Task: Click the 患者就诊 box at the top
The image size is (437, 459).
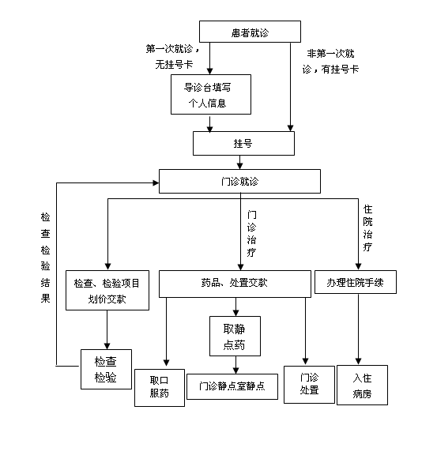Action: coord(250,32)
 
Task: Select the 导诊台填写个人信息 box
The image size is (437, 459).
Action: coord(211,94)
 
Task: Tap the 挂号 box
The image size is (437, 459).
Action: coord(243,143)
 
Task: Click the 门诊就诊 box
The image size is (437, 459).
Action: coord(239,181)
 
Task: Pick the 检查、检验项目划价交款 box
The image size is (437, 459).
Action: coord(107,290)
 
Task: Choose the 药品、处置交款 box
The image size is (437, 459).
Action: coord(235,284)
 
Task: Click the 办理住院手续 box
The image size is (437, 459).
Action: coord(356,282)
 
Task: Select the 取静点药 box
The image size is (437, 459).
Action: coord(235,336)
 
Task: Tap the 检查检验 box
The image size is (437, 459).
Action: coord(106,369)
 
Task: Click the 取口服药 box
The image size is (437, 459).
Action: coord(160,388)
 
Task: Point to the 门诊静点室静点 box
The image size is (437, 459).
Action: coord(232,386)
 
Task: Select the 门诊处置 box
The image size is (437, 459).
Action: coord(309,385)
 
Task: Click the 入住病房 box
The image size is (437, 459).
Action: coord(362,385)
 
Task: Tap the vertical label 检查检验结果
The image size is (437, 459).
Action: coord(45,258)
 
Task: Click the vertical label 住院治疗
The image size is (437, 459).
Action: coord(367,228)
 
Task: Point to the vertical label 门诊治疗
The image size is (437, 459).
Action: coord(251,233)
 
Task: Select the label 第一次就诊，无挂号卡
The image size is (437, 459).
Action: coord(173,57)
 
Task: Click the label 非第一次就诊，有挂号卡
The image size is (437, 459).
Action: coord(330,62)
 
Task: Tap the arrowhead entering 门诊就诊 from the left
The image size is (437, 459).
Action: coord(156,183)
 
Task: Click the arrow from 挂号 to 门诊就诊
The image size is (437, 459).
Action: coord(240,162)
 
